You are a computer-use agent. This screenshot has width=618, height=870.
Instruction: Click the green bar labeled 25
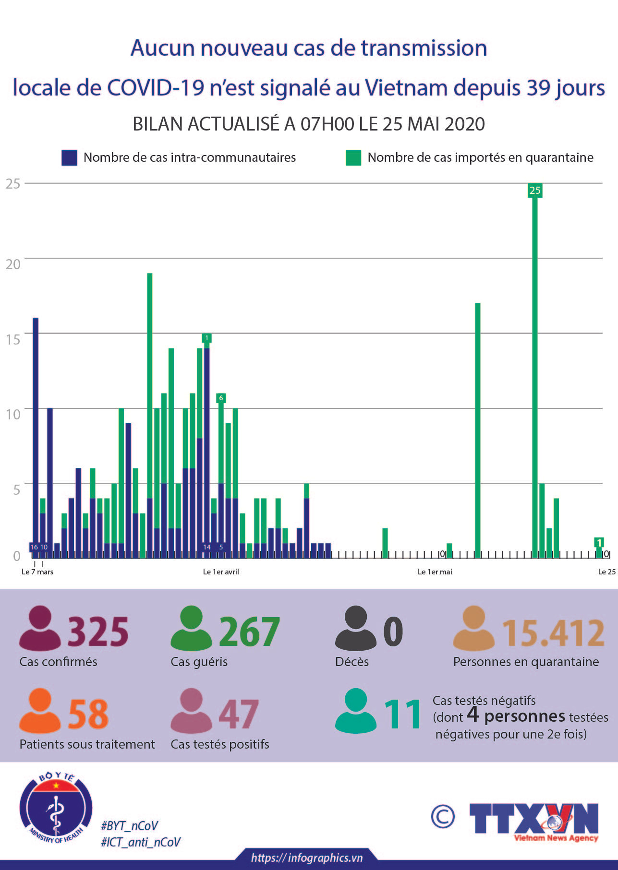pos(534,374)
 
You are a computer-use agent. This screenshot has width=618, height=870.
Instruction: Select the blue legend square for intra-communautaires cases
pos(69,158)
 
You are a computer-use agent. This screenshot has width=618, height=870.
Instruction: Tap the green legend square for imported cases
pos(353,158)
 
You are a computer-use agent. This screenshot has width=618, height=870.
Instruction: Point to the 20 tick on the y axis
pos(13,264)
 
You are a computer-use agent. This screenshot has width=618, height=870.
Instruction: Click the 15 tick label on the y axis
pos(13,339)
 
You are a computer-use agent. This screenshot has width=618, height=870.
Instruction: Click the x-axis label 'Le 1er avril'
pos(221,572)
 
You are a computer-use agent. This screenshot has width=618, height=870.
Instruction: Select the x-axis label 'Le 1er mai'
pos(435,572)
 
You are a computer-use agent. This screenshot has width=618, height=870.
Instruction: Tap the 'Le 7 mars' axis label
pos(37,572)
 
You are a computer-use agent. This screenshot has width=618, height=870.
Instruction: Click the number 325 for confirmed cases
pos(98,632)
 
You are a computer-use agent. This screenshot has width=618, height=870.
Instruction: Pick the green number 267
pos(249,632)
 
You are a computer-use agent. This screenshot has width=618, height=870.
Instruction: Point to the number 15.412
pos(553,632)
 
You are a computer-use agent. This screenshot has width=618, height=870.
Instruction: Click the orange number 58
pos(88,714)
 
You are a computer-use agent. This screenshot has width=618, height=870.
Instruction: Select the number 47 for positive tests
pos(239,714)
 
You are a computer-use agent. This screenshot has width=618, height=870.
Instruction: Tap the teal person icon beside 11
pos(355,711)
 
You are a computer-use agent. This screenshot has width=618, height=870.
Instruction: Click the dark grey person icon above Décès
pos(355,628)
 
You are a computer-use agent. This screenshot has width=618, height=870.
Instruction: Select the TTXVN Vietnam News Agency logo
pos(534,821)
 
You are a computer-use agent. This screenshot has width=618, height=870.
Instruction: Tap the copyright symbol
pos(442,816)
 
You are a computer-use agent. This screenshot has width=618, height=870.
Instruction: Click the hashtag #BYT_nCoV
pos(129,826)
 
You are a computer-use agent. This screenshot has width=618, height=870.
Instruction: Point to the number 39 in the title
pos(538,87)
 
